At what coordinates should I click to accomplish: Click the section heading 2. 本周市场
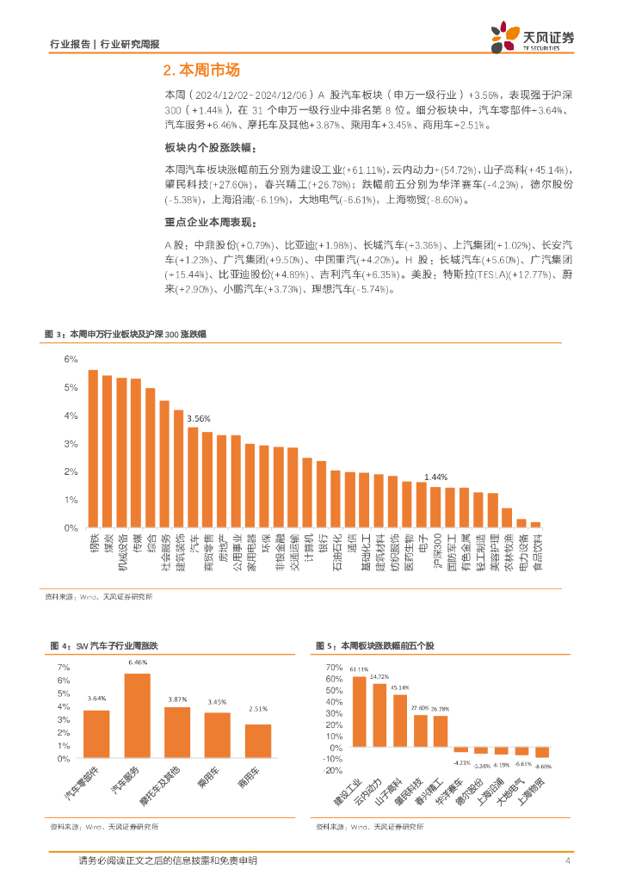pyautogui.click(x=200, y=71)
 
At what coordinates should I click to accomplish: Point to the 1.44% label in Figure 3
pyautogui.click(x=435, y=477)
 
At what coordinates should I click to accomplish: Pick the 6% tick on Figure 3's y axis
pyautogui.click(x=71, y=360)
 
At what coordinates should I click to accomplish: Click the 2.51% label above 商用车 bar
pyautogui.click(x=258, y=709)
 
